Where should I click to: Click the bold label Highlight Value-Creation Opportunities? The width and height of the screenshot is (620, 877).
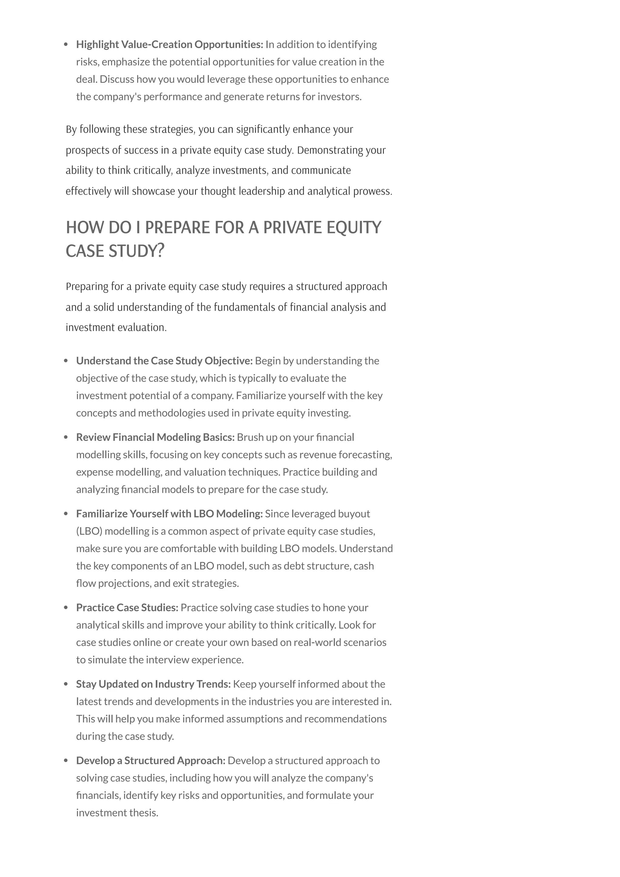[170, 45]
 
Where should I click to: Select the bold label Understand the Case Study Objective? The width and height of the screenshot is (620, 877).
[164, 361]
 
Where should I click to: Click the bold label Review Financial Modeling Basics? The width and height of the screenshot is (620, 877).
[155, 437]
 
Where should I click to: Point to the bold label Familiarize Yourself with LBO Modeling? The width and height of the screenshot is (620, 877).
[169, 514]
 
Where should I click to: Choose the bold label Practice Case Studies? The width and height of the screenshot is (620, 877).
[127, 608]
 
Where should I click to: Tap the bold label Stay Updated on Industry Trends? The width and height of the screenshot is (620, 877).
[153, 684]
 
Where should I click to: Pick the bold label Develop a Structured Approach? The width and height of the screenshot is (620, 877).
[150, 760]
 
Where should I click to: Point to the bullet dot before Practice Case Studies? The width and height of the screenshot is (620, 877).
[66, 608]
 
